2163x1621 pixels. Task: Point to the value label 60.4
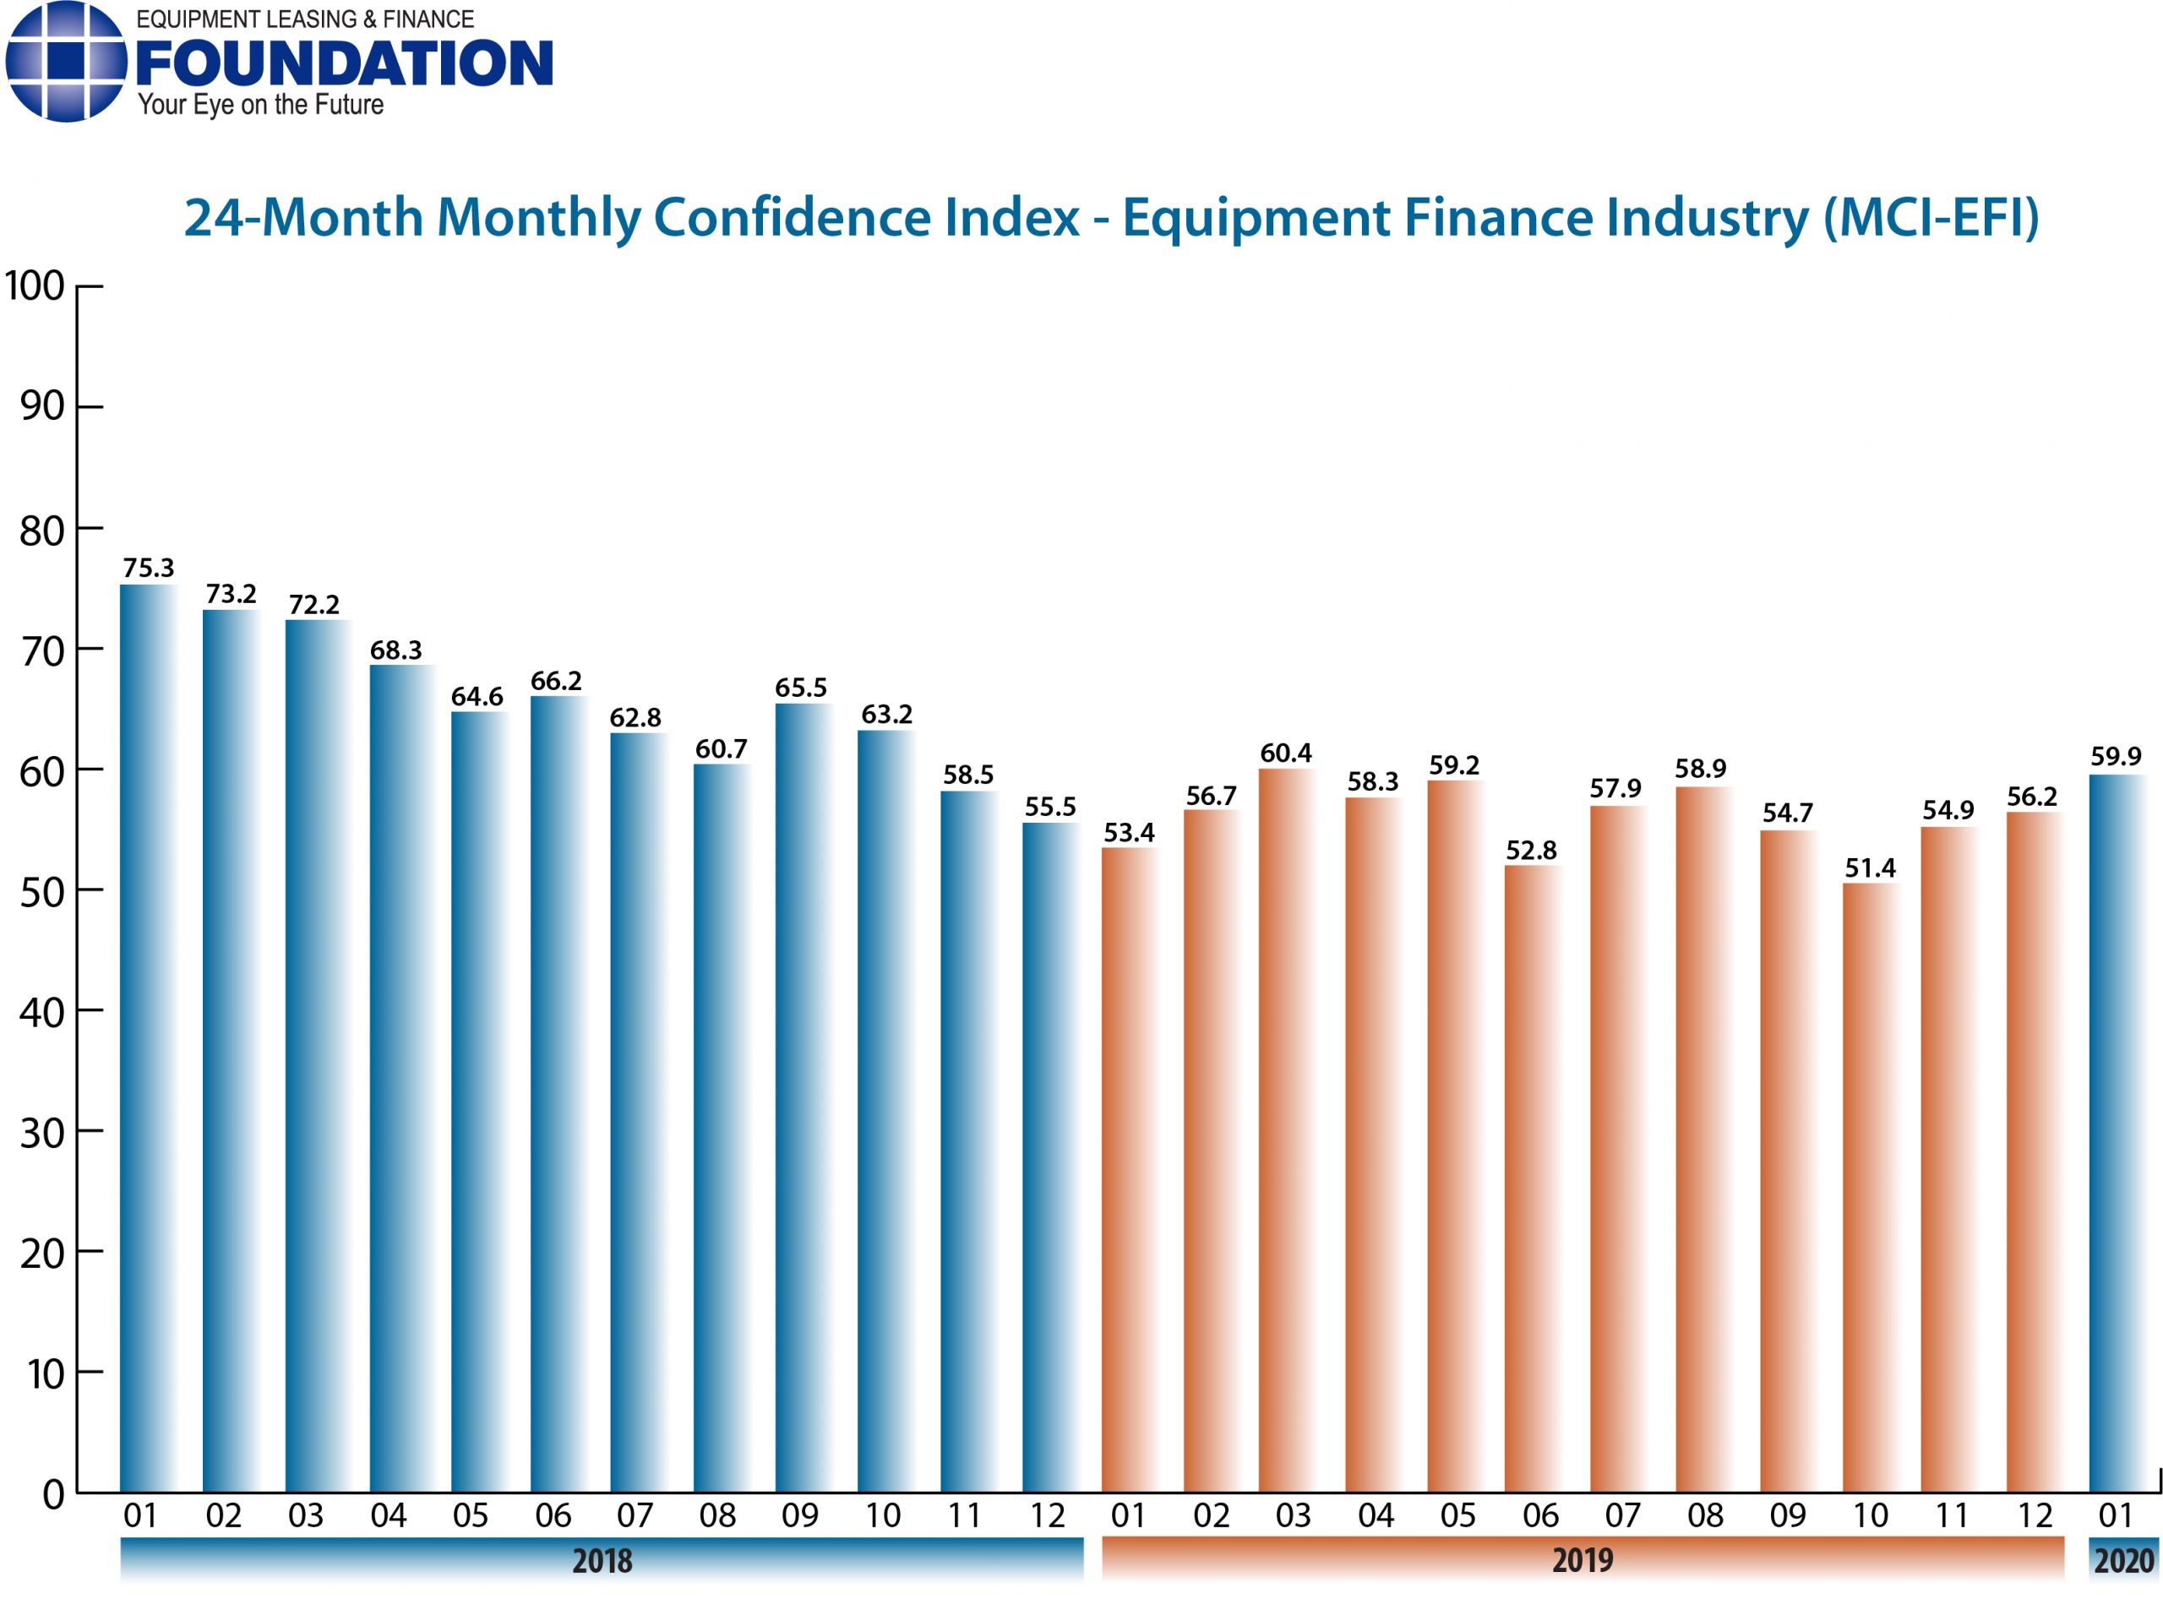(1285, 753)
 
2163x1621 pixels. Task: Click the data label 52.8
(1530, 850)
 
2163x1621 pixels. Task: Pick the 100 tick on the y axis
(35, 286)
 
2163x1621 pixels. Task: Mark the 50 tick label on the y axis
(41, 892)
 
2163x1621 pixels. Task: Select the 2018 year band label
(602, 1559)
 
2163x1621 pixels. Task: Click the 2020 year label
(2123, 1559)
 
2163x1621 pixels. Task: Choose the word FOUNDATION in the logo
(344, 63)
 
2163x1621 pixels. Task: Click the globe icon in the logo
(66, 61)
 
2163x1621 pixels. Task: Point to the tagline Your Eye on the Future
(260, 105)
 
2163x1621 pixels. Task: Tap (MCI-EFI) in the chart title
(1931, 217)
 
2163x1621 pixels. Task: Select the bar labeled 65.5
(803, 1096)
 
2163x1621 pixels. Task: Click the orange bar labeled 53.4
(1129, 1168)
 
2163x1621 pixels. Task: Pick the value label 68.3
(395, 650)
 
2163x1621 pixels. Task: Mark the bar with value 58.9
(1703, 1138)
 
